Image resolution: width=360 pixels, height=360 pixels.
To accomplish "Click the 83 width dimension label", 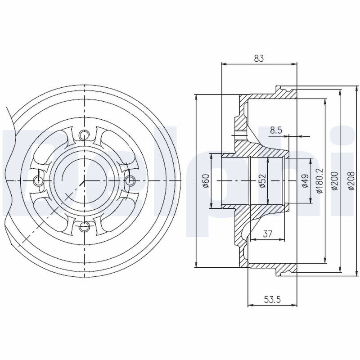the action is pyautogui.click(x=259, y=58).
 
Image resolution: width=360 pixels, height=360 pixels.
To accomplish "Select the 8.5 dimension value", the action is pyautogui.click(x=276, y=130).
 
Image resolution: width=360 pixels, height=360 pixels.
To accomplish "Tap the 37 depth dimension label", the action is pyautogui.click(x=267, y=234).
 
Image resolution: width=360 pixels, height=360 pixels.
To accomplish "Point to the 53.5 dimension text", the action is pyautogui.click(x=272, y=299).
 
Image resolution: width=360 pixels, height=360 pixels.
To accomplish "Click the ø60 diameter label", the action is pyautogui.click(x=206, y=181).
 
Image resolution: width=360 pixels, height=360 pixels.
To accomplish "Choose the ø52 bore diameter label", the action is pyautogui.click(x=262, y=181).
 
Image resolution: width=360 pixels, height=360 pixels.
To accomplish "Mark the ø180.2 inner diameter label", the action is pyautogui.click(x=320, y=181).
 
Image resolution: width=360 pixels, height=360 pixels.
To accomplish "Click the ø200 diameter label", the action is pyautogui.click(x=335, y=181).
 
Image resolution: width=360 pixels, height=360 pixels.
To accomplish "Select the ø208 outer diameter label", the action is pyautogui.click(x=351, y=181).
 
